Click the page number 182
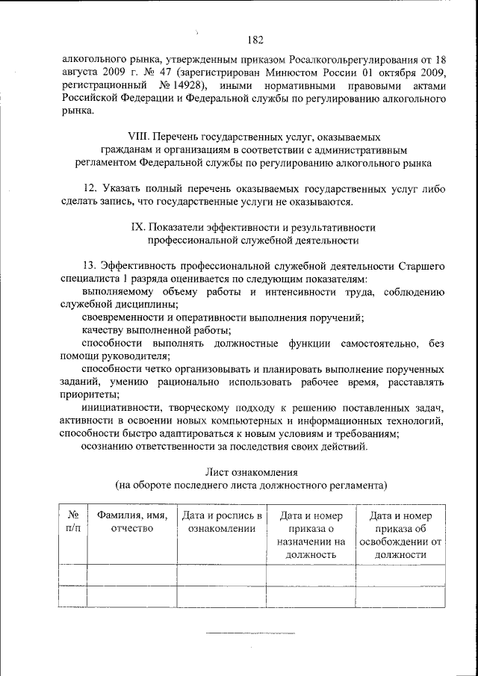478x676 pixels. click(254, 40)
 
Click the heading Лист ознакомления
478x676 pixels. click(252, 472)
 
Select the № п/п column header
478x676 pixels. click(72, 522)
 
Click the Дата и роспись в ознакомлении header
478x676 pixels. click(222, 522)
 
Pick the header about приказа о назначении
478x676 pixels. click(311, 535)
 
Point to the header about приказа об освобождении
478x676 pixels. click(401, 535)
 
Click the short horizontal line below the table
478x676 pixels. click(251, 634)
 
